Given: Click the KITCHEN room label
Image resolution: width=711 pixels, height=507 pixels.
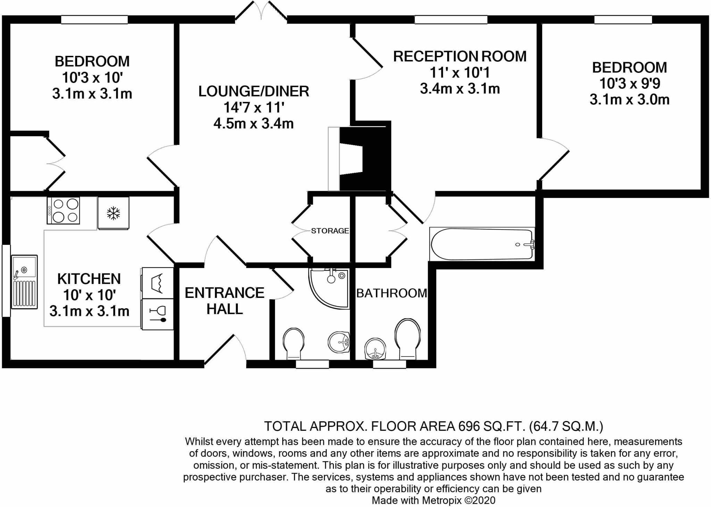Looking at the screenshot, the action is click(x=89, y=279).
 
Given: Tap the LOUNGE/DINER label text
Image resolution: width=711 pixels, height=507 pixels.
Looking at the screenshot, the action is click(x=253, y=91).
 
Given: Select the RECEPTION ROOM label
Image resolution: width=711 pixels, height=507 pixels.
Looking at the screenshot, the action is click(x=460, y=57).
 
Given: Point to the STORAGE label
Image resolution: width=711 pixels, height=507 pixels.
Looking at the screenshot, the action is click(x=330, y=231).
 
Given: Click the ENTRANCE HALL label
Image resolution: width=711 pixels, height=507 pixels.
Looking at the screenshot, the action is click(x=224, y=301).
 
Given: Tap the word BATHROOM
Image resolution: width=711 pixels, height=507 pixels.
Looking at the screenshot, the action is click(x=392, y=293).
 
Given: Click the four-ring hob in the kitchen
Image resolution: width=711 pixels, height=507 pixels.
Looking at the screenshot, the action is click(x=64, y=210).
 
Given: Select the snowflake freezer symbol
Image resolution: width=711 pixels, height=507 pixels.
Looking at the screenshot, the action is click(x=113, y=213).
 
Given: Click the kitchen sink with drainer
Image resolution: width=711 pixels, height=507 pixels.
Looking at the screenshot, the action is click(x=24, y=282).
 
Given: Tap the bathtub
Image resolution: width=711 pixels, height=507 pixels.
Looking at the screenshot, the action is click(x=482, y=244).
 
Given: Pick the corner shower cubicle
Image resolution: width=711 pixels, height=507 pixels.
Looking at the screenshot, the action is click(x=328, y=288).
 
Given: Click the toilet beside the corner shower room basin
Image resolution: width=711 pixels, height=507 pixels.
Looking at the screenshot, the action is click(x=294, y=343).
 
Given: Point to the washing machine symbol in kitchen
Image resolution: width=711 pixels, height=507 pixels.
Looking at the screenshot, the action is click(x=157, y=283).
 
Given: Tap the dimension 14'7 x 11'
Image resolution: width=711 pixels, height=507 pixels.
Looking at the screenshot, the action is click(x=253, y=108).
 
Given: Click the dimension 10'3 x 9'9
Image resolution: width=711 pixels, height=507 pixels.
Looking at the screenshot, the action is click(x=629, y=84).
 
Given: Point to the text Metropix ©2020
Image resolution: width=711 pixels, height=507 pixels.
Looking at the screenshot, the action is click(x=459, y=500).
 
